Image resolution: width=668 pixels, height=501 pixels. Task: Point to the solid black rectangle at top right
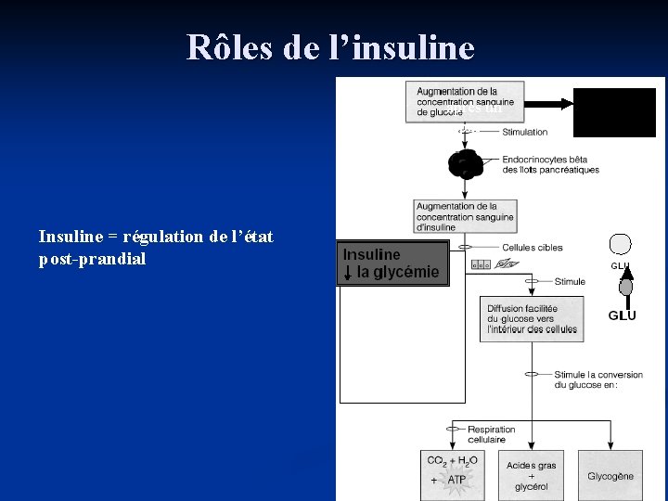[x=614, y=111]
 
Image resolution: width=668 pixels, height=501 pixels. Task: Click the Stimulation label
[x=525, y=133]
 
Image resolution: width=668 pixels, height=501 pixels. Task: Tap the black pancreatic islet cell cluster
[x=464, y=164]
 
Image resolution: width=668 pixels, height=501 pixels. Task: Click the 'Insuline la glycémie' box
[x=393, y=263]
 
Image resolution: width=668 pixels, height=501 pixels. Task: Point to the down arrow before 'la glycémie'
[x=348, y=272]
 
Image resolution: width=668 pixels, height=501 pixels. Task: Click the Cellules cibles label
[x=532, y=248]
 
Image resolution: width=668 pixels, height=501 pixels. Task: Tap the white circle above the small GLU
[x=621, y=244]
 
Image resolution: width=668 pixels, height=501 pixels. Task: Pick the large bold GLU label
[x=622, y=315]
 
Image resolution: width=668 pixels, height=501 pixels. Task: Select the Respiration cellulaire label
[x=491, y=434]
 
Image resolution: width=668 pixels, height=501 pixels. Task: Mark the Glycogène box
[x=610, y=476]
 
